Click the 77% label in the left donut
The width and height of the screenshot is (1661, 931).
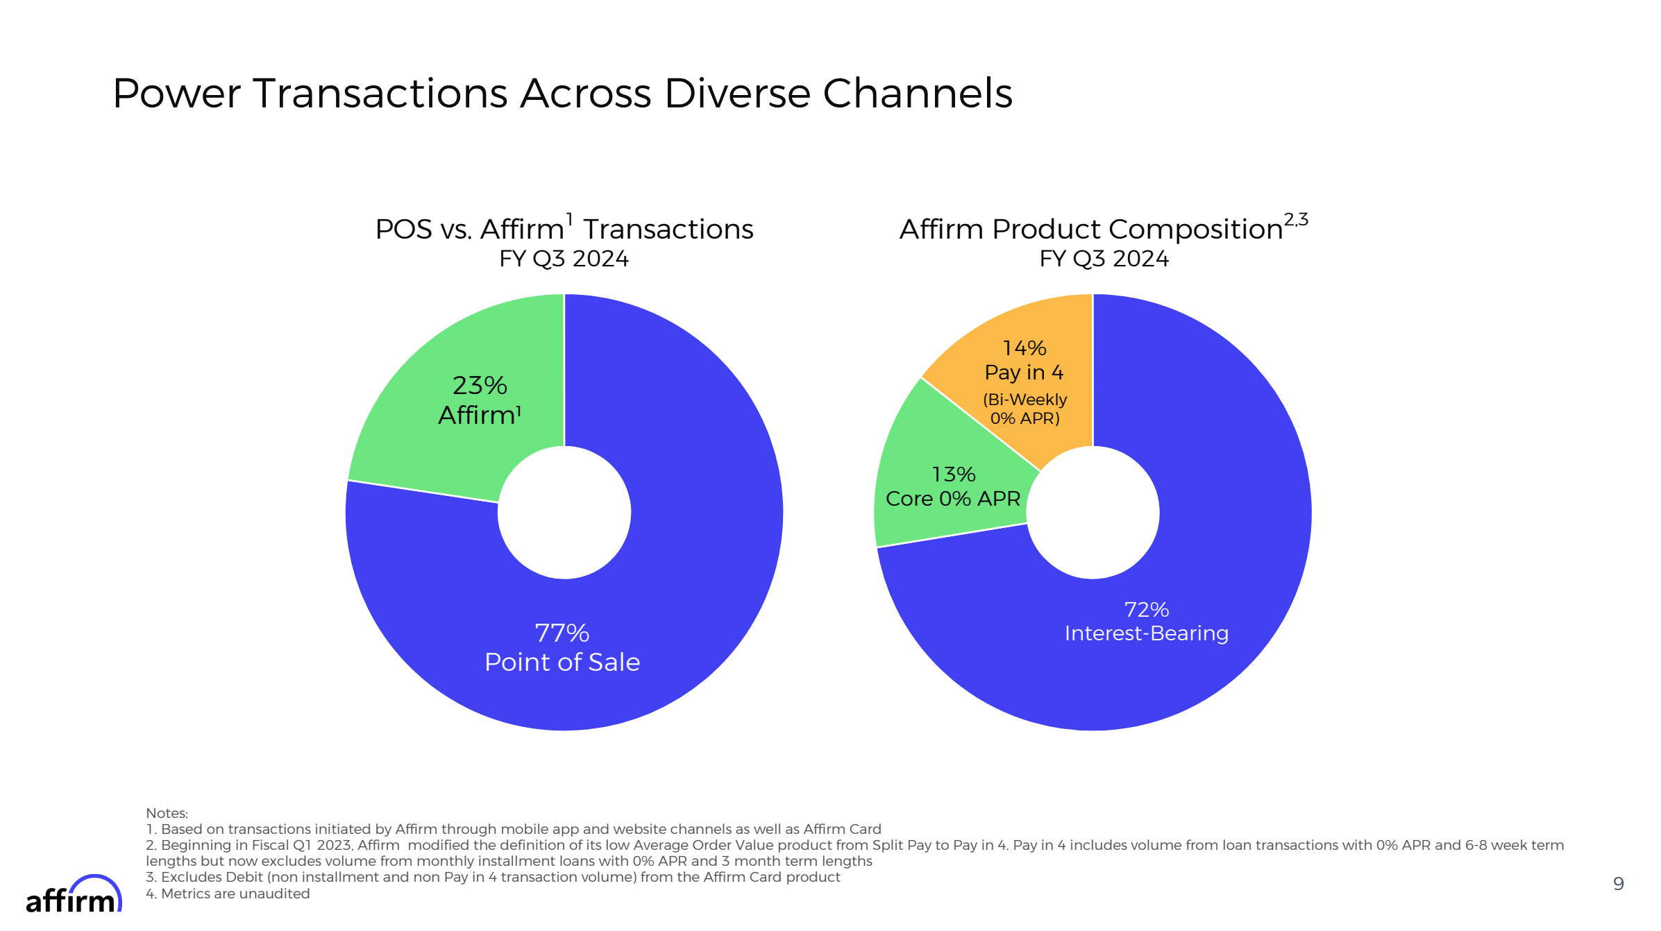[x=562, y=633]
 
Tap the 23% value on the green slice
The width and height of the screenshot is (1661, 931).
[x=480, y=385]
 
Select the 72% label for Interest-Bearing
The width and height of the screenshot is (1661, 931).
[x=1147, y=609]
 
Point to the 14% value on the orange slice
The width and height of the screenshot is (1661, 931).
[x=1025, y=348]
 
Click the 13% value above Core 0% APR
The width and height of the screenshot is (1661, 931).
[x=954, y=474]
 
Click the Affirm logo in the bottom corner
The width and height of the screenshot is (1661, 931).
[x=74, y=895]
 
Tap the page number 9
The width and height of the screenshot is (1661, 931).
[x=1618, y=883]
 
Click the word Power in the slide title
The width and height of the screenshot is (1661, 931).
[x=176, y=93]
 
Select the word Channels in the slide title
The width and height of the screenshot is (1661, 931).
[x=917, y=93]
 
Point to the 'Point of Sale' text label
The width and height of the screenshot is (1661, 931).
[x=562, y=662]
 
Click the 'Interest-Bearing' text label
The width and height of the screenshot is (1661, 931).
[x=1147, y=633]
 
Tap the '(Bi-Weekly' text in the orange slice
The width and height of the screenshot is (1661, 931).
[x=1025, y=400]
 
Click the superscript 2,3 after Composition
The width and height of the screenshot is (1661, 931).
[x=1295, y=220]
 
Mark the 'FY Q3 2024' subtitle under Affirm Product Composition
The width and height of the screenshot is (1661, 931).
[x=1104, y=259]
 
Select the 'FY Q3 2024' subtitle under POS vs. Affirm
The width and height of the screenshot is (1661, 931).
[x=564, y=259]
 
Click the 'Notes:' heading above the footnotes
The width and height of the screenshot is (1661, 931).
[x=167, y=813]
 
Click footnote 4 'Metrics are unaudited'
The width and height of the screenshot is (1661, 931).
[x=229, y=894]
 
